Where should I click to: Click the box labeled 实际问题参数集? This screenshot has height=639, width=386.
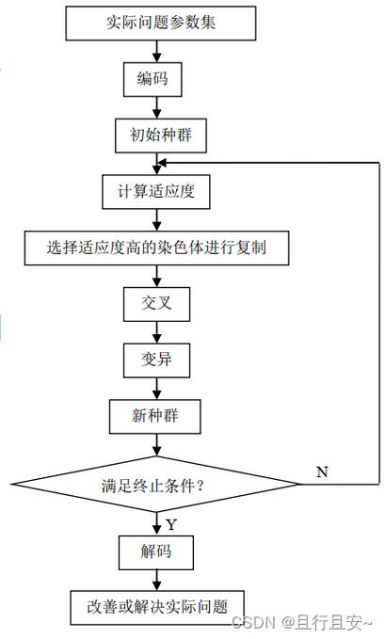pos(161,23)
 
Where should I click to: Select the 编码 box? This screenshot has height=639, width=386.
pos(153,79)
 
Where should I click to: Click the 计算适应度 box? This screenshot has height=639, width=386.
pos(155,191)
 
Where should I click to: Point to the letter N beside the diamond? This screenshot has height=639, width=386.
pos(322,471)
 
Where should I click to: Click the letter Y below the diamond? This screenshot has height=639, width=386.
pos(170,522)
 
